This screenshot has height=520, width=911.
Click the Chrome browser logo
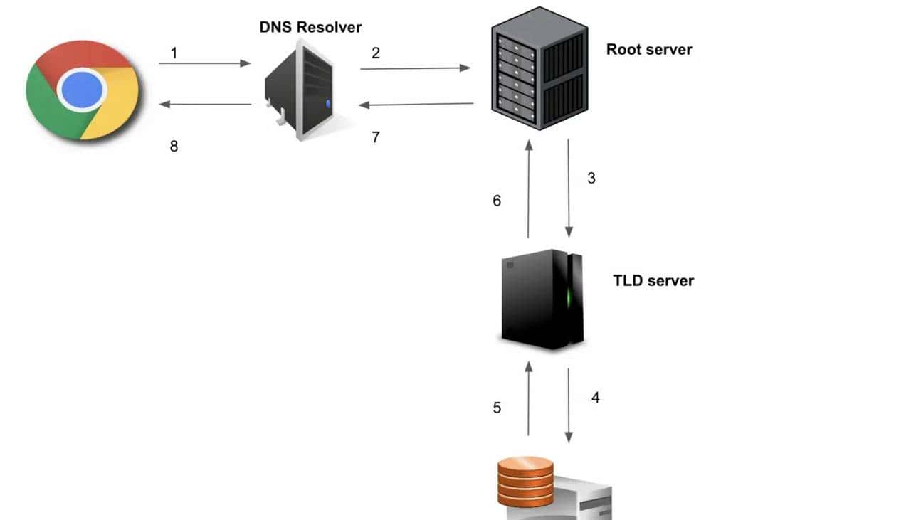82,90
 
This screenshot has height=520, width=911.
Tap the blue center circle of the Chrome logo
82,90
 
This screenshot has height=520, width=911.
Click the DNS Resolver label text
310,28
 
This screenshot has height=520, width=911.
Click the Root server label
648,49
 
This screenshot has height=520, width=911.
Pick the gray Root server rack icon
539,68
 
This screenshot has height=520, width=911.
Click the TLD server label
653,280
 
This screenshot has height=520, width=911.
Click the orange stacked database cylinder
525,481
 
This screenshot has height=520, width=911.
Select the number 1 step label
174,53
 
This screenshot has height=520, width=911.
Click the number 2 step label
376,53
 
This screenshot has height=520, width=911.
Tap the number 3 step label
591,179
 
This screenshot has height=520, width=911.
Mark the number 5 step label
497,408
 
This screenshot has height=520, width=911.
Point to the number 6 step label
497,201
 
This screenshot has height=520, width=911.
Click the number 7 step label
376,137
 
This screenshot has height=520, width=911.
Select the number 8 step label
174,147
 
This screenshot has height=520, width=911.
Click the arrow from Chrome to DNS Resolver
204,63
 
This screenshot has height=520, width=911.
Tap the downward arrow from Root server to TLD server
569,189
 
